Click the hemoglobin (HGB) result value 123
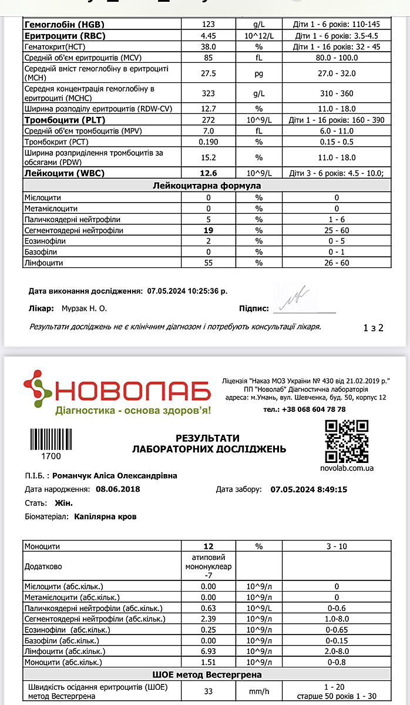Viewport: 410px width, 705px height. [209, 25]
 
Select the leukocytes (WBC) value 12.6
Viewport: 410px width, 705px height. [209, 173]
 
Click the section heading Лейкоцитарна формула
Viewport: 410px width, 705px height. [206, 186]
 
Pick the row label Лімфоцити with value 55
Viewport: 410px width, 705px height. [43, 263]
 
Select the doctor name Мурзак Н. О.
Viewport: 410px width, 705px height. [80, 308]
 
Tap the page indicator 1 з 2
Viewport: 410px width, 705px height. [374, 328]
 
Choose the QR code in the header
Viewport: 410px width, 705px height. [347, 441]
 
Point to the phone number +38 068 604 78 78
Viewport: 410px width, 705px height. [313, 409]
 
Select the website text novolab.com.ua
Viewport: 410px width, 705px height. [347, 468]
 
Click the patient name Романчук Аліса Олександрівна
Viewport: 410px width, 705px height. [115, 476]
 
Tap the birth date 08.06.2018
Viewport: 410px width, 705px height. [118, 489]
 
